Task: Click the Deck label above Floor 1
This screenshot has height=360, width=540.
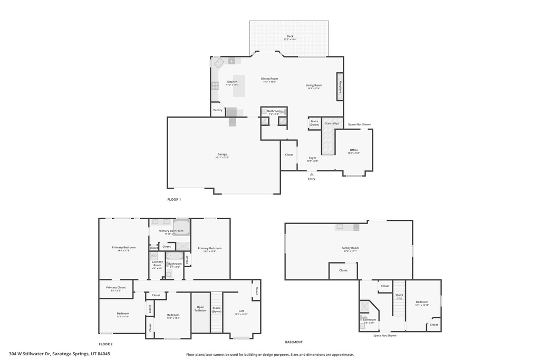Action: coord(290,36)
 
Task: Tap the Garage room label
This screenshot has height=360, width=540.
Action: coord(222,154)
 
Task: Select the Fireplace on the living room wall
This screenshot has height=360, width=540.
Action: coord(340,86)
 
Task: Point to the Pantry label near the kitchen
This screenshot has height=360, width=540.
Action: coord(218,110)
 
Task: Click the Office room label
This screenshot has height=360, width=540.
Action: coord(354,150)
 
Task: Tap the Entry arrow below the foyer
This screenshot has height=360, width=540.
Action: coord(312,173)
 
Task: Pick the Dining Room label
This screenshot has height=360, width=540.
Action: coord(269,79)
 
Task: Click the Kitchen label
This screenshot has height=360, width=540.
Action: coord(232,82)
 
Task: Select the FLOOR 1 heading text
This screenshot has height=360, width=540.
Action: coord(174,200)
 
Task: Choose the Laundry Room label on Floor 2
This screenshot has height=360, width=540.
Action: coord(157,263)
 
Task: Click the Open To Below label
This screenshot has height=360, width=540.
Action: coord(200,308)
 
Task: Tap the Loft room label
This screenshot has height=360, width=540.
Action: coord(241,311)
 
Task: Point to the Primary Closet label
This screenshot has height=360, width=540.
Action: coord(115,288)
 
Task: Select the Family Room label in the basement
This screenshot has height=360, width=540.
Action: coord(350,248)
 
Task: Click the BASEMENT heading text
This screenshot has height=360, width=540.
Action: coord(294,342)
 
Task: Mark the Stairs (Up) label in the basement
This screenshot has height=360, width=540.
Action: coord(399,296)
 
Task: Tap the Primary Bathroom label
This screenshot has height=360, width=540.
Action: coord(171,231)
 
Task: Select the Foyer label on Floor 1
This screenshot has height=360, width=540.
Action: coord(313,158)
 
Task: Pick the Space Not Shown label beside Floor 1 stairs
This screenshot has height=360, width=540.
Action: coord(359,124)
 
